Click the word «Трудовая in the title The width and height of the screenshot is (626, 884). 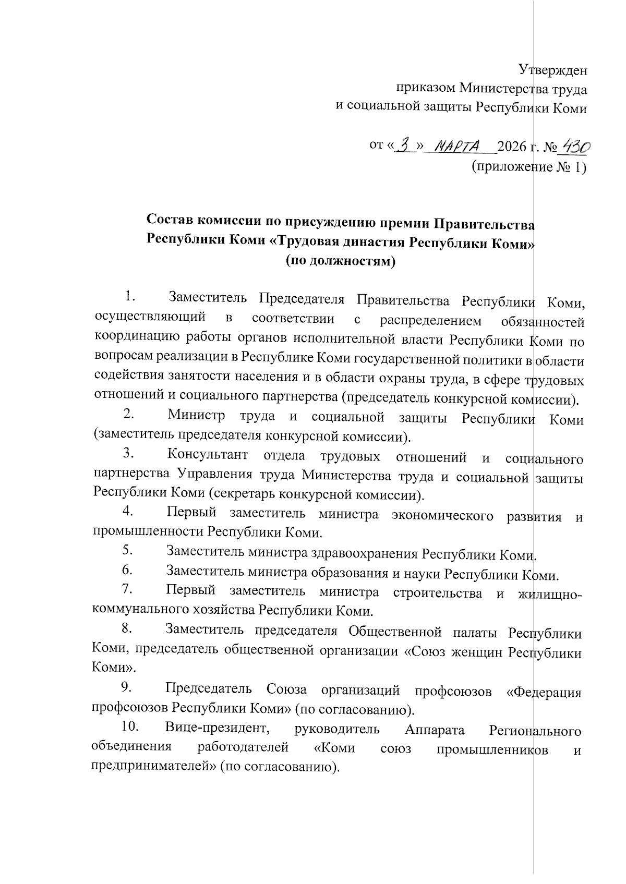(x=305, y=242)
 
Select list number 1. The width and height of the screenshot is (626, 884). (x=129, y=298)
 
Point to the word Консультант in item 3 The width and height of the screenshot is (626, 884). (x=208, y=455)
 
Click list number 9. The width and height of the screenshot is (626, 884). (x=126, y=689)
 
